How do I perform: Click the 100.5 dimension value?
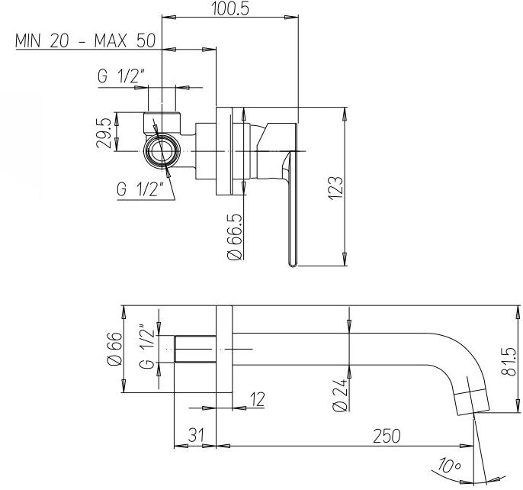point(230,8)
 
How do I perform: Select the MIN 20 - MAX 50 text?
point(85,40)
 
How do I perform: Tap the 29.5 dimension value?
point(104,133)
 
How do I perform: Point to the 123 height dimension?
point(335,188)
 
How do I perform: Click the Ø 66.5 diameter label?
point(234,237)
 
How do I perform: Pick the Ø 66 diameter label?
point(114,349)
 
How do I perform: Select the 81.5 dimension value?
point(509,362)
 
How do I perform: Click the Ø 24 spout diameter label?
point(341,395)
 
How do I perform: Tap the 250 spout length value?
point(387,436)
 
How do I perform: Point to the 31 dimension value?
point(196,435)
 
